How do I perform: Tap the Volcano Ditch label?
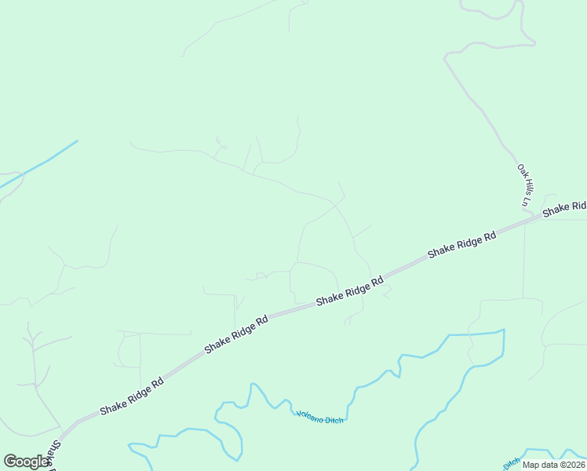coord(319,417)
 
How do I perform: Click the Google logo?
coord(27,462)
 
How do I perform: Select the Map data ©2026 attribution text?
coord(552,465)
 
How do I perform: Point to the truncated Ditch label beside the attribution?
coord(510,462)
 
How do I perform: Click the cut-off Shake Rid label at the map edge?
coord(565,208)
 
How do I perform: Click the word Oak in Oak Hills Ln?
coord(521,170)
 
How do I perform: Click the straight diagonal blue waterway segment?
coord(39,164)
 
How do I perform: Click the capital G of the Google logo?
coord(10,462)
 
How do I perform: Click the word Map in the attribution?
coord(531,465)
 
